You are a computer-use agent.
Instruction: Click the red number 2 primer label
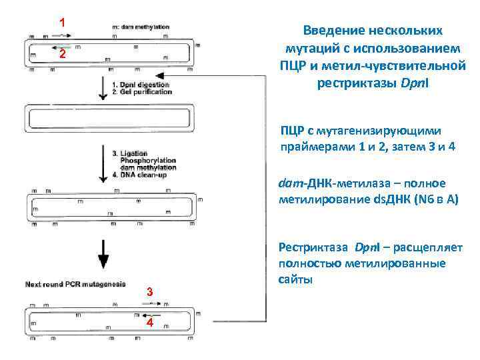(61, 55)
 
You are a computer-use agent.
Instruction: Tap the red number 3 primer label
(150, 291)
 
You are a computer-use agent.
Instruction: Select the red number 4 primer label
(150, 323)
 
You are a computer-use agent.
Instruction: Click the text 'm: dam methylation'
(141, 27)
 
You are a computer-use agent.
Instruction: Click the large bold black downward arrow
(103, 257)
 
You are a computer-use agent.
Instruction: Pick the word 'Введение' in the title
(333, 31)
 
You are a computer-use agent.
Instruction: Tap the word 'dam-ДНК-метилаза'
(333, 184)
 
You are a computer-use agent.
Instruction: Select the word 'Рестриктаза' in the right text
(313, 248)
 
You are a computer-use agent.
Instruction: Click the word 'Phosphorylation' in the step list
(148, 161)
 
